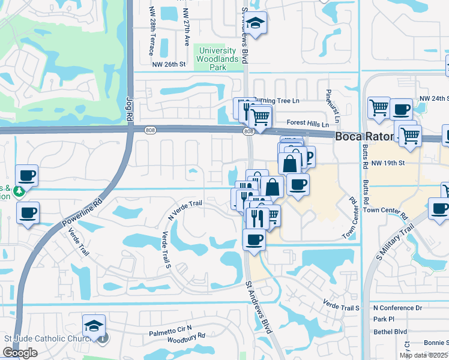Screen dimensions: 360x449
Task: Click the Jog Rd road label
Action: pos(129,107)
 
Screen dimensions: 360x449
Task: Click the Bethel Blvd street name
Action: pos(390,331)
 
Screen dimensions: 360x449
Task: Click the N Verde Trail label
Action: pos(185,208)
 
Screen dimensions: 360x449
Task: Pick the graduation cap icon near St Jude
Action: pos(94,326)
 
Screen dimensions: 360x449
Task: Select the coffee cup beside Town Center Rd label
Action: pos(439,209)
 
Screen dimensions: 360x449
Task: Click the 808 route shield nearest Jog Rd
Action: pos(150,130)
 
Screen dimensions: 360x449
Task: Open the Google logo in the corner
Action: pos(20,353)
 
